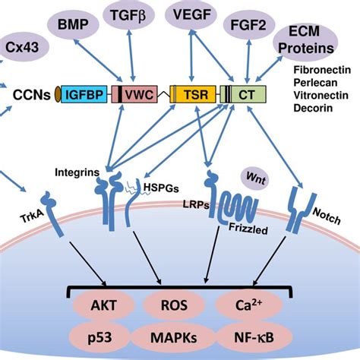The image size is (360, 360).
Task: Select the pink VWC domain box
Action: tap(132, 95)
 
